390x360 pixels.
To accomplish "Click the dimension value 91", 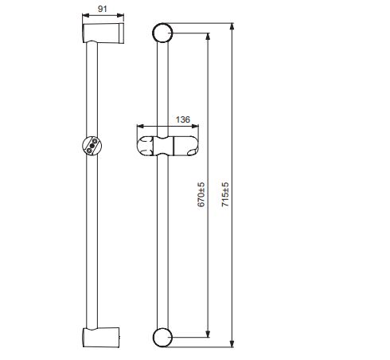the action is point(103,9).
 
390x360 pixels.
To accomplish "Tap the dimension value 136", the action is point(183,119).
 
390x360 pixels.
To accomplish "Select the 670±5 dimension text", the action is point(201,194).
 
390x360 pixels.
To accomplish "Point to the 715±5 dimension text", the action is point(225,194).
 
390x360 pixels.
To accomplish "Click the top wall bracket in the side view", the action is point(103,33).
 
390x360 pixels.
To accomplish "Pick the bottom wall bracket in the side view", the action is point(101,337).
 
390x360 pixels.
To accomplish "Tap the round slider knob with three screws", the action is point(92,146).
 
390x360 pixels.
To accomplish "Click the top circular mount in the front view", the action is point(162,33).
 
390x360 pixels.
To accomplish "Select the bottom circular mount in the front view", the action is point(162,338).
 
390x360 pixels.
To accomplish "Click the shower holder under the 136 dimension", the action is point(168,146).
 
